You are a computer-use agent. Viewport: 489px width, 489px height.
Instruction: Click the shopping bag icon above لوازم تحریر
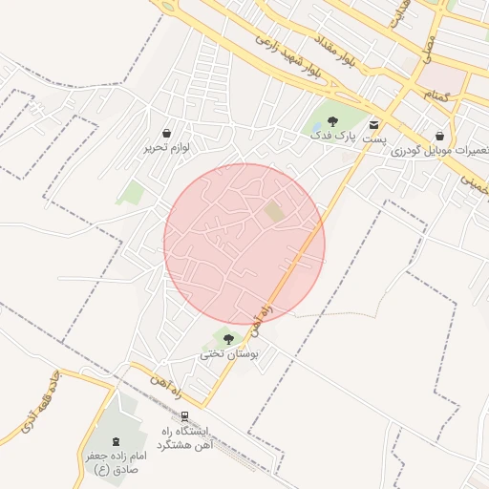click(x=168, y=133)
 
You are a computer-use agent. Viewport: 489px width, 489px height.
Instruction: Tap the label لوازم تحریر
click(x=168, y=148)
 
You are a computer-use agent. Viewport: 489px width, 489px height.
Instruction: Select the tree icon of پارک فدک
click(x=332, y=121)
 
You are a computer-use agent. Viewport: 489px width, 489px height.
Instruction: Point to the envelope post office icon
click(x=372, y=124)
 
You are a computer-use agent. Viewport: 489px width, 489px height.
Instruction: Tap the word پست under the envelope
click(x=375, y=139)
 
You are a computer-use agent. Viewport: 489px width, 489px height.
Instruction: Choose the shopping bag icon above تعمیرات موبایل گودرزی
click(x=439, y=137)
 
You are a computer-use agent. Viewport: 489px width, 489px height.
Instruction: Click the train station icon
click(x=184, y=416)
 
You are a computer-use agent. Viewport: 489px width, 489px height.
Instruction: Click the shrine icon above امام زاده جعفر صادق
click(x=117, y=441)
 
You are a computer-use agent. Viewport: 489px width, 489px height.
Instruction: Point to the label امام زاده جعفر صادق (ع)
click(x=113, y=463)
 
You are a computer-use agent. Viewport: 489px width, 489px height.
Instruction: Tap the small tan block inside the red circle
click(x=274, y=211)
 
